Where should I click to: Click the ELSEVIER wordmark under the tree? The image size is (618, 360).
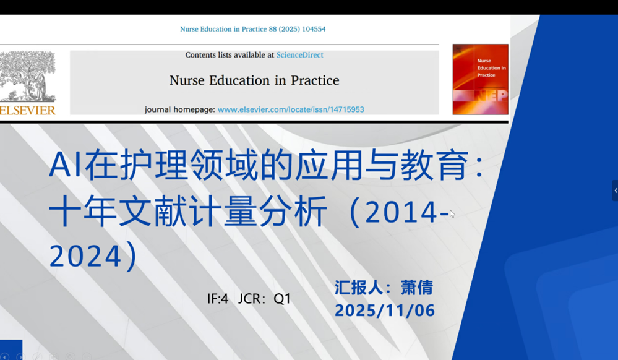(x=28, y=110)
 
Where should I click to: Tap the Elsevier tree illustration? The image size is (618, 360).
(x=28, y=76)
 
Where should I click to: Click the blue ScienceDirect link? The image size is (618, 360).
(x=299, y=55)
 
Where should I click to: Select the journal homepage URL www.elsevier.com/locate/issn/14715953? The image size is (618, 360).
(x=291, y=109)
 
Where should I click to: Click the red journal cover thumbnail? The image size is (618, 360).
(x=480, y=79)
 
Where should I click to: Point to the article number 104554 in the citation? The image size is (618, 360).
(x=314, y=29)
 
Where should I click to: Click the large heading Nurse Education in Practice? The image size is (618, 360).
(x=254, y=80)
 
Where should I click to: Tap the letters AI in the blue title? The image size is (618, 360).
(x=66, y=165)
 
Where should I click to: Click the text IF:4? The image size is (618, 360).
(x=218, y=299)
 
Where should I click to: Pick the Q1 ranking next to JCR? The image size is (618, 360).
(x=282, y=299)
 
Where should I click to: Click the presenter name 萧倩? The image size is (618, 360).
(x=417, y=288)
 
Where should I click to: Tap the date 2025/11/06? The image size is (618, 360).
(x=385, y=311)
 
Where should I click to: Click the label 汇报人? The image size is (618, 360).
(x=359, y=288)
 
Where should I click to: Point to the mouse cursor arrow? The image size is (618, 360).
(x=452, y=213)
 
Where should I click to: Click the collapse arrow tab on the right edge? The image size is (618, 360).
(x=616, y=191)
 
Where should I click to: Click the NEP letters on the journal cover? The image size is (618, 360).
(x=491, y=96)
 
